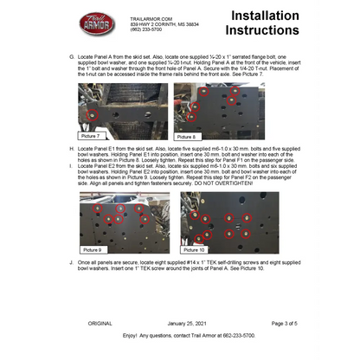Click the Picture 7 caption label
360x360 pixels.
click(x=90, y=136)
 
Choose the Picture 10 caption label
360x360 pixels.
click(x=196, y=249)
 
